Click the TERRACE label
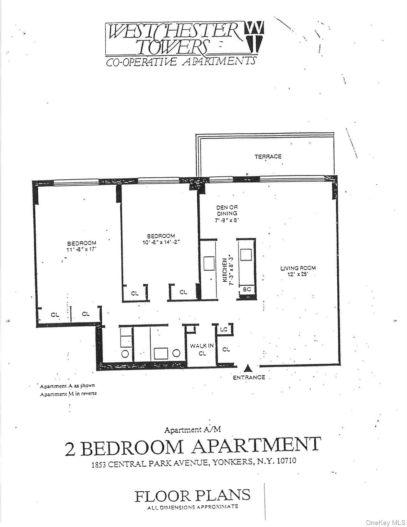click(268, 156)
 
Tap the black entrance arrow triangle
click(248, 368)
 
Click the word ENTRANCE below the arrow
click(249, 377)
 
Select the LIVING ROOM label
click(298, 268)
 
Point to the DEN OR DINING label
click(227, 210)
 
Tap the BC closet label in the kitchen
click(247, 289)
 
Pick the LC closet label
click(224, 329)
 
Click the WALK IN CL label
click(202, 349)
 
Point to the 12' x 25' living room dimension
click(298, 274)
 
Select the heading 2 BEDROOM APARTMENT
click(193, 447)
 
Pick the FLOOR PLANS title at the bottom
click(193, 496)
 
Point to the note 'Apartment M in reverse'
click(68, 394)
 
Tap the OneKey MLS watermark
click(385, 523)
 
